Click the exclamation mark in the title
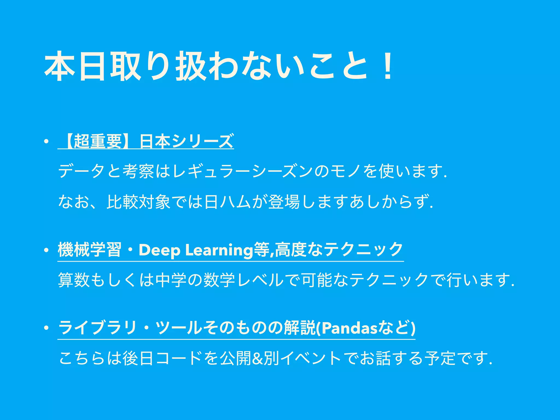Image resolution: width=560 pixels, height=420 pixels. pos(387,67)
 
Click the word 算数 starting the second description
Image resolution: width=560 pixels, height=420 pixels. pos(74,280)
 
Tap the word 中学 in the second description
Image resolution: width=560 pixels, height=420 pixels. pos(171,280)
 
